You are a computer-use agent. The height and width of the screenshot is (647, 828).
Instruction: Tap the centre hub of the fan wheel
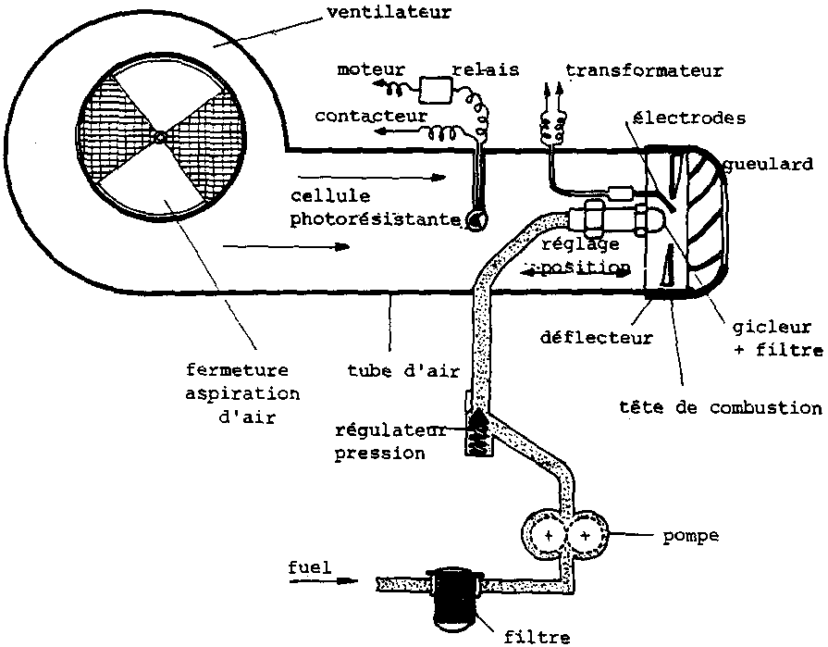click(x=160, y=137)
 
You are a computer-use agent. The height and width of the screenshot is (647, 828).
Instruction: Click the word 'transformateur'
click(x=644, y=70)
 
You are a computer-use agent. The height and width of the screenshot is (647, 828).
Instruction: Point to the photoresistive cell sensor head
click(x=477, y=219)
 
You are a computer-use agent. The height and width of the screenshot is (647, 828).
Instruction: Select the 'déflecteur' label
click(x=598, y=338)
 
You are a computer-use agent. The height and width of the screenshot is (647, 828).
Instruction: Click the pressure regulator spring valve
click(x=480, y=431)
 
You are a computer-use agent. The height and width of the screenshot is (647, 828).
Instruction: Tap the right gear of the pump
click(x=587, y=535)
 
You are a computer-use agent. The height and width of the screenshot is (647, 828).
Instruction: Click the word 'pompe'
click(x=690, y=536)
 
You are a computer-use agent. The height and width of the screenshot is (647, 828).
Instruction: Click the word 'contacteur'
click(x=371, y=116)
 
